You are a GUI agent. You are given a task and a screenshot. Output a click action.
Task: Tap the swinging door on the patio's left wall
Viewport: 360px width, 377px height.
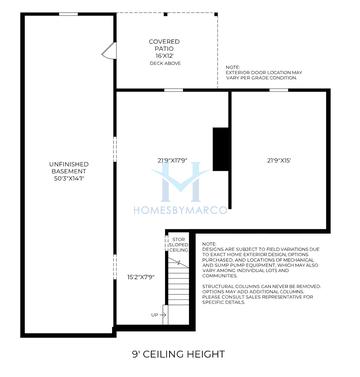[x=107, y=51]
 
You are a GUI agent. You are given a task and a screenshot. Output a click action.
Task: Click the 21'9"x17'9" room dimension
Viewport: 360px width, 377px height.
[x=172, y=161]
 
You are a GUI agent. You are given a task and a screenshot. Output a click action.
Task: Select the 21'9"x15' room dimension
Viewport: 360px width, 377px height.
[x=279, y=161]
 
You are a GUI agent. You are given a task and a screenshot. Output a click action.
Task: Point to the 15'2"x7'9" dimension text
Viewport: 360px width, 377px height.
[x=141, y=278]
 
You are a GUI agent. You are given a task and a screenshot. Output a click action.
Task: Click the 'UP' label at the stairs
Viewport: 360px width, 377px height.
[x=156, y=314]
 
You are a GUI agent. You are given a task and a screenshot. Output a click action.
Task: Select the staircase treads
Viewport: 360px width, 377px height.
[x=179, y=290]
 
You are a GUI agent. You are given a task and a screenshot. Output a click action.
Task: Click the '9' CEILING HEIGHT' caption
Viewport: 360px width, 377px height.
[x=179, y=354]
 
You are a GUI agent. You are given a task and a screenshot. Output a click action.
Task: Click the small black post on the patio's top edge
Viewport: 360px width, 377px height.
[x=166, y=15]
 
